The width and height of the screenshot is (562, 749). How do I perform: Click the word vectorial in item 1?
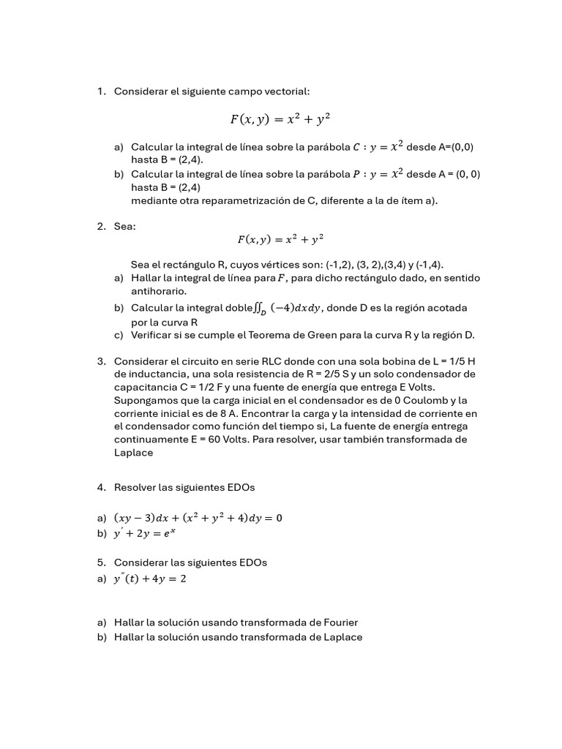click(287, 91)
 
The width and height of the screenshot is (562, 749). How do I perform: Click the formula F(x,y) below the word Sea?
click(281, 239)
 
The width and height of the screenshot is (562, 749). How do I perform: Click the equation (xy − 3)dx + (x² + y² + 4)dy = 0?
click(198, 518)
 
